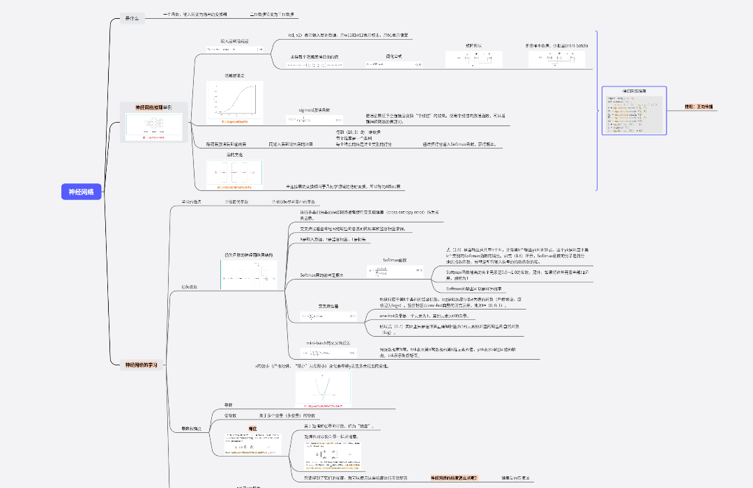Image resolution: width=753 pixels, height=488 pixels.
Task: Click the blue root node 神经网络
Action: [x=82, y=192]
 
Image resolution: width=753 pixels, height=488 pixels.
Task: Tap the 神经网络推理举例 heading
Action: [x=153, y=107]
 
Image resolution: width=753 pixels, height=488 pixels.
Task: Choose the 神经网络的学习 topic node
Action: [x=141, y=365]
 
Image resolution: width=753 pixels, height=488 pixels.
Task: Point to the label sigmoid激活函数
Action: [x=314, y=110]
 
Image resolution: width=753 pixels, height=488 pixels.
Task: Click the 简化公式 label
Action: [x=394, y=56]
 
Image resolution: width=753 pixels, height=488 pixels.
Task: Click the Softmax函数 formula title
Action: [x=394, y=259]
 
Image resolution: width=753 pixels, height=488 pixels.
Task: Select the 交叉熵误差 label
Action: [x=328, y=306]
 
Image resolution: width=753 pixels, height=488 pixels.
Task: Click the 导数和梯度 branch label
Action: [x=191, y=428]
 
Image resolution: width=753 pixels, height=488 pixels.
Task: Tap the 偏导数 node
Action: [x=231, y=415]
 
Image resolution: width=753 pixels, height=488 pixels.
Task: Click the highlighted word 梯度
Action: [x=253, y=428]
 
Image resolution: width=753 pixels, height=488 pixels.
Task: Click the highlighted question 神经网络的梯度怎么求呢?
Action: [x=454, y=478]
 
